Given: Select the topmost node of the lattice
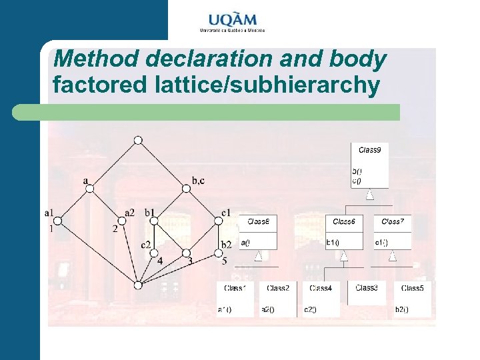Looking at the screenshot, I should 138,140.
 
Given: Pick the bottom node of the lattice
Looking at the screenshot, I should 138,285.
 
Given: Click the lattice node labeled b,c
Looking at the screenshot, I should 187,189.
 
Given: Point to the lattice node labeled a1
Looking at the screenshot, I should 58,221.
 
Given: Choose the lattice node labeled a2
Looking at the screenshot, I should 121,221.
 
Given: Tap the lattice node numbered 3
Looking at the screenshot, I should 186,253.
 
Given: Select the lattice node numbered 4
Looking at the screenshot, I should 154,253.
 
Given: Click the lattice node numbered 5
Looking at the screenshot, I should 219,253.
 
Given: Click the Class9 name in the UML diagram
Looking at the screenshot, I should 369,150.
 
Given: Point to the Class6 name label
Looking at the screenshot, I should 344,221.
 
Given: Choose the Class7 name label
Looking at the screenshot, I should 392,221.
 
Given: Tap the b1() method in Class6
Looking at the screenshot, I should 333,242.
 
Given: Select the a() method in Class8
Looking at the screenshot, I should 245,242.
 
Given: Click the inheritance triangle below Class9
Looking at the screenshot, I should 369,195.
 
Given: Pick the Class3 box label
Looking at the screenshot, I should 367,288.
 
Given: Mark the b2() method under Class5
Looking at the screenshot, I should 402,309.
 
